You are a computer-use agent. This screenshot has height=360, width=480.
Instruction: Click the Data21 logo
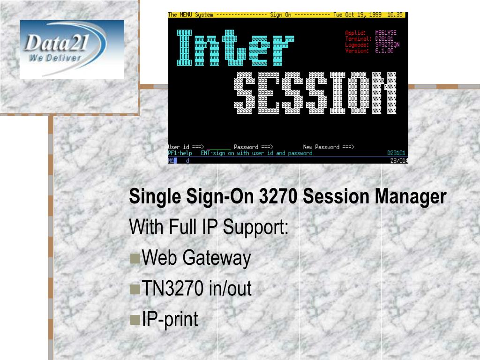click(x=72, y=49)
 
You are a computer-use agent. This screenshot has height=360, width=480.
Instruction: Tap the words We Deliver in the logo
click(x=55, y=58)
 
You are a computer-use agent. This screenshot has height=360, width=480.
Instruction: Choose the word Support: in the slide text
click(x=255, y=227)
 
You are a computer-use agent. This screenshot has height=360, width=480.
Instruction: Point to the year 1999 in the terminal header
click(x=375, y=15)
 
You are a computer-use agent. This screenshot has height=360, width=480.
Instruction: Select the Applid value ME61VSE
click(x=386, y=33)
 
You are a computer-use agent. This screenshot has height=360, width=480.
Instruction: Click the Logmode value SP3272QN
click(x=388, y=45)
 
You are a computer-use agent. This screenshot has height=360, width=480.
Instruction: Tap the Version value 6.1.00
click(x=384, y=51)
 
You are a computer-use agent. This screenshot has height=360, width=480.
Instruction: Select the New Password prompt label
click(x=328, y=147)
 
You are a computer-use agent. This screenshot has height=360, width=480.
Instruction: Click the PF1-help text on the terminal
click(x=180, y=153)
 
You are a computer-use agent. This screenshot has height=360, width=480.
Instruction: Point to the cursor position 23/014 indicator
click(x=399, y=160)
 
